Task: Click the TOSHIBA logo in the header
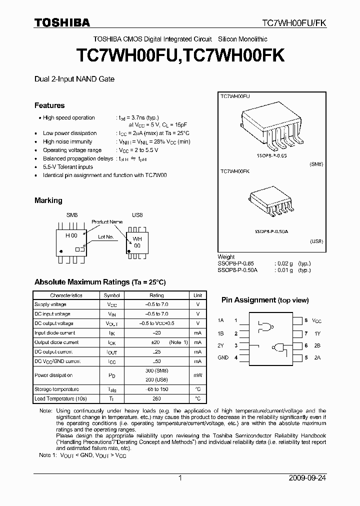(x=62, y=22)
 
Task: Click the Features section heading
(x=49, y=105)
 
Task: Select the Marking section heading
(x=48, y=200)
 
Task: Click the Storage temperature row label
(x=56, y=389)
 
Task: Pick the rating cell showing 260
(x=156, y=398)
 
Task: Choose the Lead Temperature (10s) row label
(x=60, y=398)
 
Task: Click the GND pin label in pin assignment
(x=223, y=357)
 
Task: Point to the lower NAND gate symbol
(x=277, y=347)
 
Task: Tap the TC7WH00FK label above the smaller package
(x=235, y=171)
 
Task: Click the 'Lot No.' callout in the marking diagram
(x=106, y=236)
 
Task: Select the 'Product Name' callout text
(x=106, y=221)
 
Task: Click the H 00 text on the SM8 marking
(x=71, y=235)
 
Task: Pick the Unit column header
(x=198, y=295)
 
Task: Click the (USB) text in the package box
(x=316, y=241)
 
